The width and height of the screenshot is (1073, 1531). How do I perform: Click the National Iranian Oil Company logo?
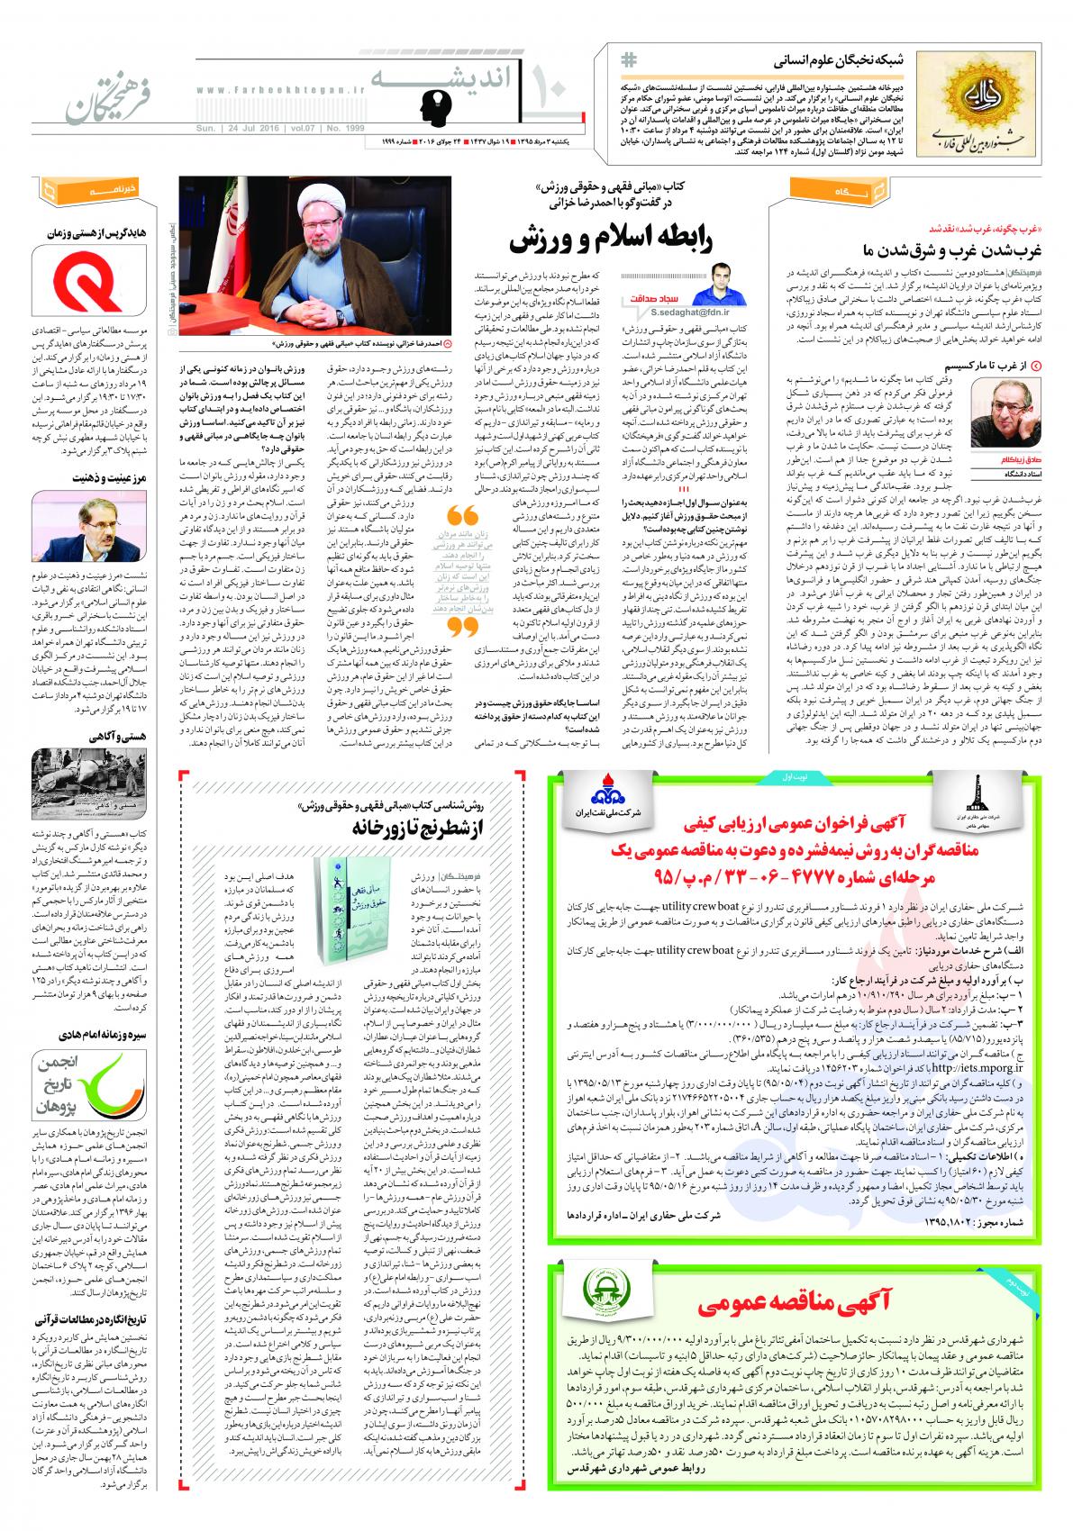click(599, 790)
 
